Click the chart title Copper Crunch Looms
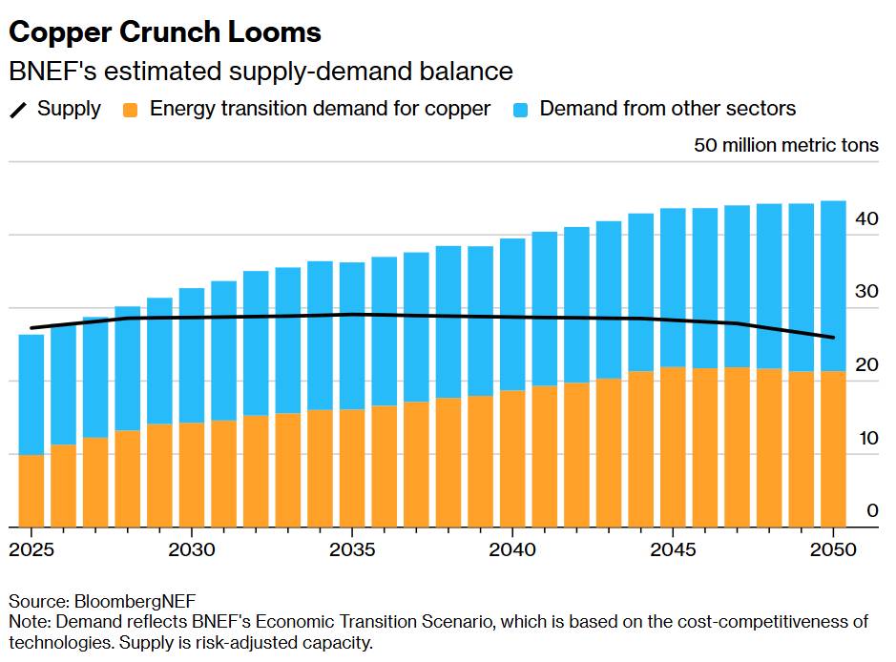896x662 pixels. [x=165, y=32]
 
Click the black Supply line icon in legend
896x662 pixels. [x=19, y=110]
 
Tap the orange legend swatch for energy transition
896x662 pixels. [x=133, y=110]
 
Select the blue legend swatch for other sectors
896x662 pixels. [x=522, y=110]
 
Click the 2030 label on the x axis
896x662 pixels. [x=193, y=550]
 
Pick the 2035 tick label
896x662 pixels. [x=353, y=550]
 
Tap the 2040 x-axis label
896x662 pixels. [x=514, y=550]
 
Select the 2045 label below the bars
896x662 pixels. [x=675, y=550]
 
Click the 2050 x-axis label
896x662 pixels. [x=834, y=550]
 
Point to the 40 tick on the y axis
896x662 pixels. [x=866, y=218]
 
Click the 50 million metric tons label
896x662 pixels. [x=786, y=146]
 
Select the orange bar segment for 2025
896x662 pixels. [x=31, y=490]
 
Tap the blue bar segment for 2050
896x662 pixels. [x=833, y=286]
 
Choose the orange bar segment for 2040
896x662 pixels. [x=512, y=458]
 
